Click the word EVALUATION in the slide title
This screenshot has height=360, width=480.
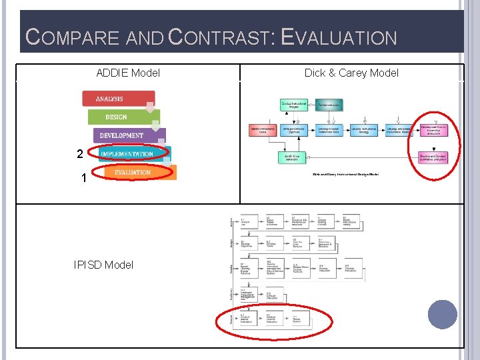point(339,37)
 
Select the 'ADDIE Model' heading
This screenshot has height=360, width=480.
point(128,73)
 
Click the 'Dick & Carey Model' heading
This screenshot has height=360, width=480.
point(351,73)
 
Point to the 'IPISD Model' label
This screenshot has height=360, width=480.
point(103,265)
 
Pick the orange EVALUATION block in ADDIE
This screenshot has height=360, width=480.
point(136,173)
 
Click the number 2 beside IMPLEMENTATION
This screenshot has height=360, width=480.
point(80,154)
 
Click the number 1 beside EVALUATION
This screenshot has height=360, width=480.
point(83,179)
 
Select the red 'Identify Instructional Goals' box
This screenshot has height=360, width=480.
point(263,131)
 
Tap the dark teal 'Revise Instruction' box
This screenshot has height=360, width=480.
point(328,105)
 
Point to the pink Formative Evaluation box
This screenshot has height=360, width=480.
point(433,130)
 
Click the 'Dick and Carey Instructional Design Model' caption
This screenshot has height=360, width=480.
point(346,175)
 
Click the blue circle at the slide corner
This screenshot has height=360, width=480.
point(443,315)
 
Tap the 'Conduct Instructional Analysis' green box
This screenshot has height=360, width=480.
point(294,105)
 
